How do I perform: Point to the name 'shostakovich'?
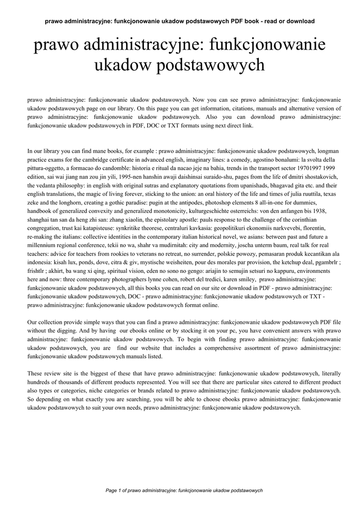coord(321,177)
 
